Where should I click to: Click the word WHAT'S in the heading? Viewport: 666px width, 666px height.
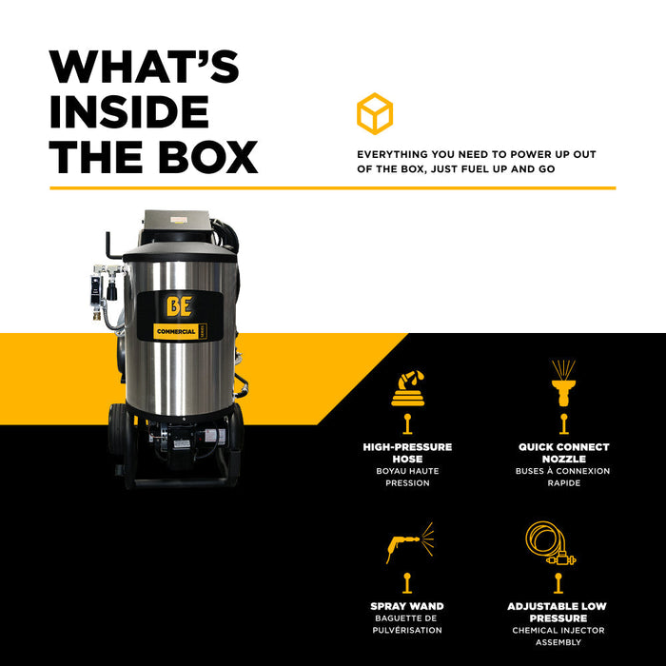click(x=144, y=67)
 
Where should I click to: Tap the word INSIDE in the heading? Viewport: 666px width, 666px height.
click(x=129, y=111)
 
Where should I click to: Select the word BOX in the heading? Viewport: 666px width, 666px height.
click(x=208, y=157)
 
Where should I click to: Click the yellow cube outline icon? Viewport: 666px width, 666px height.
click(x=375, y=113)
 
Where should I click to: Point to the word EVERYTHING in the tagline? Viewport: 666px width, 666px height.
click(x=392, y=154)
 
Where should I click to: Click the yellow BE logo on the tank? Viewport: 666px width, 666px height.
click(x=179, y=306)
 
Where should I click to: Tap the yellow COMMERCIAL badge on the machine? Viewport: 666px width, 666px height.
click(x=179, y=331)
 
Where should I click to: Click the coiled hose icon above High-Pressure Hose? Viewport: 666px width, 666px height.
click(x=408, y=388)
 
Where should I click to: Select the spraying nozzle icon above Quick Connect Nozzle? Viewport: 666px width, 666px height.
click(x=563, y=382)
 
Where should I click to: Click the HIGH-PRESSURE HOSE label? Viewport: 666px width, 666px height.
click(x=407, y=453)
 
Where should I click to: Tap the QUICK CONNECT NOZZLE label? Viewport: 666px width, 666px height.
click(x=563, y=453)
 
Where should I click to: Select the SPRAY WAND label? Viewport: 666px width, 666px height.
click(x=407, y=606)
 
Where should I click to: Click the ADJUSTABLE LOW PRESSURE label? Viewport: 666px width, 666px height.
click(x=558, y=612)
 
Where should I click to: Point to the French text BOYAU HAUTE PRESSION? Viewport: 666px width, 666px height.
click(x=407, y=477)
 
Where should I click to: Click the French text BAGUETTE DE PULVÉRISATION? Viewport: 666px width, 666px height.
click(x=407, y=624)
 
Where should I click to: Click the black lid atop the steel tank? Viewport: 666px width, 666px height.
click(x=180, y=252)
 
